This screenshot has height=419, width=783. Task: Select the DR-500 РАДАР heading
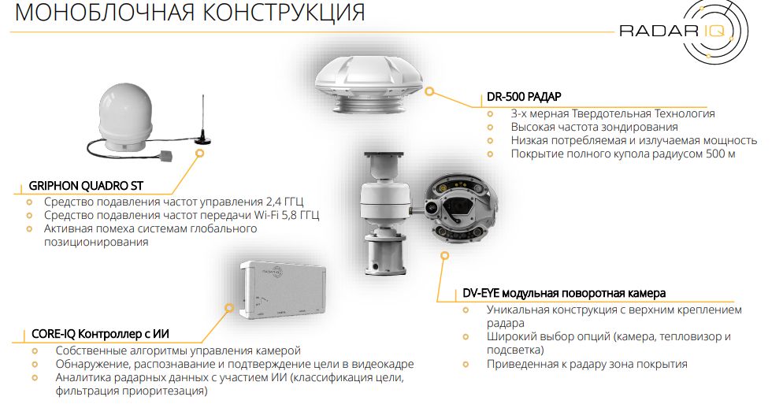524,96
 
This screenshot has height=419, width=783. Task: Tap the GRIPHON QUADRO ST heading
86,186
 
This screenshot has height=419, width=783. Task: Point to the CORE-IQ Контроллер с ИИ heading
100,334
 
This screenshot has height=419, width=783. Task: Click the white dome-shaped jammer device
124,118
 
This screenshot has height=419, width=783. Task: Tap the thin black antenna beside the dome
202,120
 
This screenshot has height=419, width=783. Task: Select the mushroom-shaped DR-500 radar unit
369,83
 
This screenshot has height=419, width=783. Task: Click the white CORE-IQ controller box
284,289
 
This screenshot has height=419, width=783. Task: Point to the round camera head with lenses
459,209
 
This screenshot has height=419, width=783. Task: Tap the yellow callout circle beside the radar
429,92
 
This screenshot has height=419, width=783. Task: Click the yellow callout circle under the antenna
199,153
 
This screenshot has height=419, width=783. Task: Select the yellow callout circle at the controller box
228,308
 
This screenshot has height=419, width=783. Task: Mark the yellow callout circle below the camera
444,256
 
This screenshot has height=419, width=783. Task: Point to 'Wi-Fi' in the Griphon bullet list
268,215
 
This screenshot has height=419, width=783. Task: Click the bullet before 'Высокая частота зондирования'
490,128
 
